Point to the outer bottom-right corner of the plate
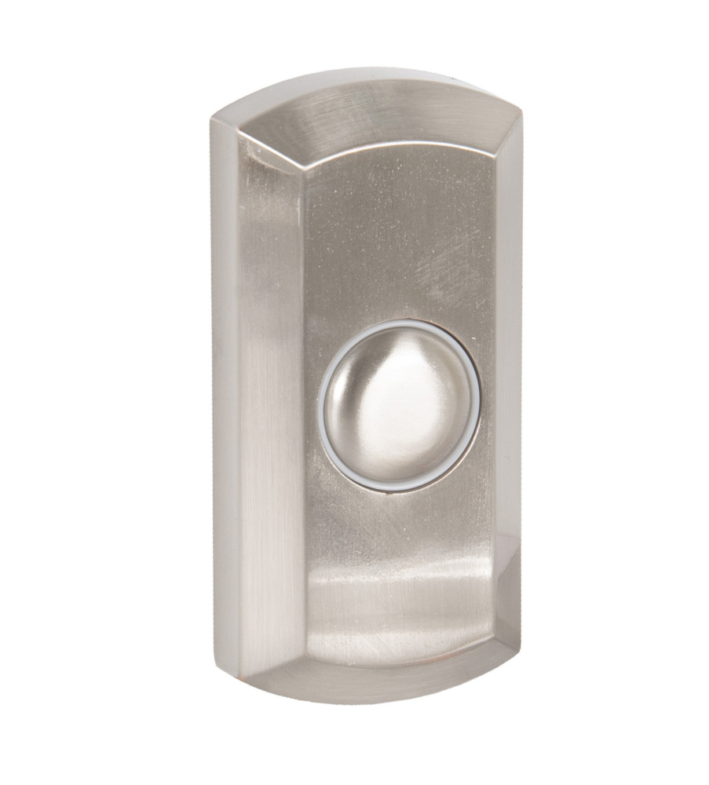520,645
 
